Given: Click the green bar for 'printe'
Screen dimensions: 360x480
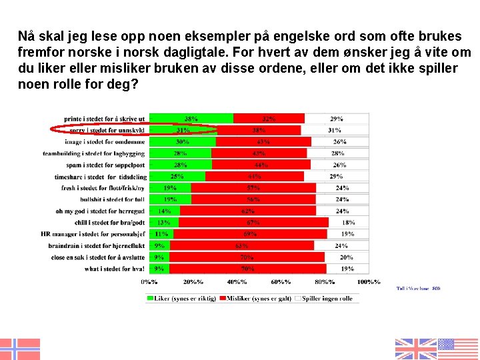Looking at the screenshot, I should point(191,119).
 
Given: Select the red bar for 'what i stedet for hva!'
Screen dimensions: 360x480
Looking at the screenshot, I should point(247,269).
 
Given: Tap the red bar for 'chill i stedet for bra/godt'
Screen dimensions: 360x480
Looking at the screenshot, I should point(253,222).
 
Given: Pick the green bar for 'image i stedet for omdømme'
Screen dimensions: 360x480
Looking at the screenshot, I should point(183,142).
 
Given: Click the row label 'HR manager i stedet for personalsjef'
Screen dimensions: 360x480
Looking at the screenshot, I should point(101,234).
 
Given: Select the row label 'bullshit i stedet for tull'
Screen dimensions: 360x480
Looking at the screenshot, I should point(112,199).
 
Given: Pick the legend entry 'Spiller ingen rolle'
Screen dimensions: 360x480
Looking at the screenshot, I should point(327,298).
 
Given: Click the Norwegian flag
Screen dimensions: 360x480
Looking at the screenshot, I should point(20,349).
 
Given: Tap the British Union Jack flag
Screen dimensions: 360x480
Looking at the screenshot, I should point(416,349).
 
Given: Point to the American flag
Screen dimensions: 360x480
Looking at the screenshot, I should point(458,349).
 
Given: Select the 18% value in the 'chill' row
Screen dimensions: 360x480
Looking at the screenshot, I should point(348,222).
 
